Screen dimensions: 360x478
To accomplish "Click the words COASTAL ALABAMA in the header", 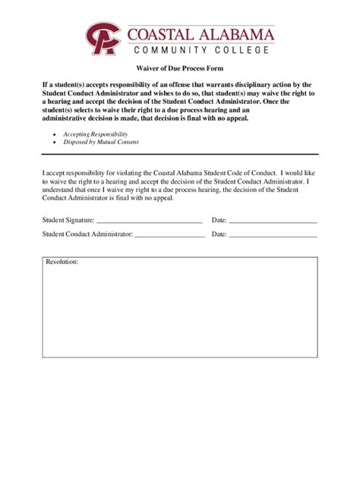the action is [201, 33].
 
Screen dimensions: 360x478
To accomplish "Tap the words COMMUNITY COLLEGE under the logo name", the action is [201, 50].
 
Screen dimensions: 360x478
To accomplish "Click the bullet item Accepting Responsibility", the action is [96, 134].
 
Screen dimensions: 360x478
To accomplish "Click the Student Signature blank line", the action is [149, 222].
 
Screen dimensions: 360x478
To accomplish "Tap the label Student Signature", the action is [68, 220].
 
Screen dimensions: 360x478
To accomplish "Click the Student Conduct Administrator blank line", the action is [169, 236].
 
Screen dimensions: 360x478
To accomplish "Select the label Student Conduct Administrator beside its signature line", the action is [87, 234].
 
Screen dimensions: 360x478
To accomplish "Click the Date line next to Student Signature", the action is [273, 222].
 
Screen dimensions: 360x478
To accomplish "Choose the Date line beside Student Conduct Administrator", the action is [273, 236].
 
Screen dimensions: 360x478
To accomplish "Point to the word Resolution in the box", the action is [62, 262].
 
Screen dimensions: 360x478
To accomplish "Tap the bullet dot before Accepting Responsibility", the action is [54, 134].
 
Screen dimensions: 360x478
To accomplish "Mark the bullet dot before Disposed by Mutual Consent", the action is [54, 142].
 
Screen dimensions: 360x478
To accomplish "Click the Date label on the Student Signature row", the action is [219, 220].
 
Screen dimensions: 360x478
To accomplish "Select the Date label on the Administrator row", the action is [219, 234].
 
